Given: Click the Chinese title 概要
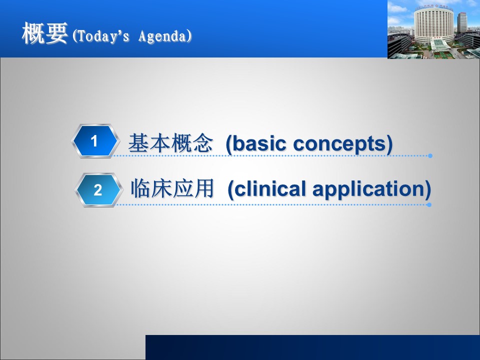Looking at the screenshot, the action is pyautogui.click(x=44, y=33).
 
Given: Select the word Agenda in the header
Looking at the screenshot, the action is pyautogui.click(x=162, y=36).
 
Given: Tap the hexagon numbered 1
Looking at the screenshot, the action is pyautogui.click(x=95, y=141).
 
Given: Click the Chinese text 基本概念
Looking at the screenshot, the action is pyautogui.click(x=170, y=143).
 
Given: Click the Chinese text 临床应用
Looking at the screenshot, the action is pyautogui.click(x=172, y=188).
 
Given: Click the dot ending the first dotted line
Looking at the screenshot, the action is pyautogui.click(x=430, y=156).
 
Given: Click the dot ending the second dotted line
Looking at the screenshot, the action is pyautogui.click(x=429, y=204).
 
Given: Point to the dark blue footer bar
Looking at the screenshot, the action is pyautogui.click(x=312, y=347).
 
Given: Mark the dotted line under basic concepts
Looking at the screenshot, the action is pyautogui.click(x=270, y=156).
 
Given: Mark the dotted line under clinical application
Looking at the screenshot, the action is pyautogui.click(x=272, y=204).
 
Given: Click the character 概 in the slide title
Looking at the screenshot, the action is pyautogui.click(x=33, y=33).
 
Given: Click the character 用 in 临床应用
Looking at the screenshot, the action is pyautogui.click(x=204, y=188).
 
